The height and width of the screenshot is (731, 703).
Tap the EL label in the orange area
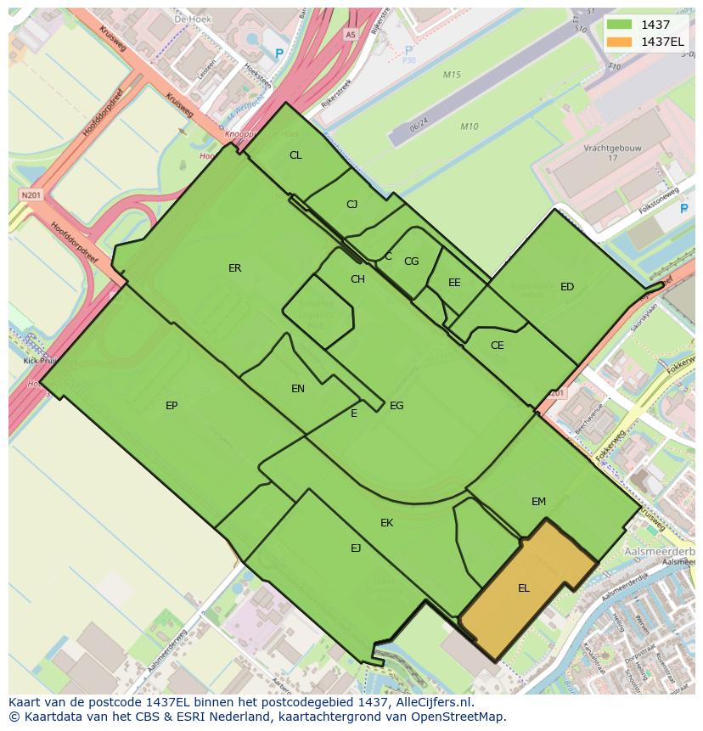524,588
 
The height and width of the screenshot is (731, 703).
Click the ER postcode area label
235,268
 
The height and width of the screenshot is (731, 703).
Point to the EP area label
172,406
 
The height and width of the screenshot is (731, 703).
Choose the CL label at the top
295,155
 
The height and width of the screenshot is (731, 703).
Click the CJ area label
352,205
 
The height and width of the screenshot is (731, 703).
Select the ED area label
567,287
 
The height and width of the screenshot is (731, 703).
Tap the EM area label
538,502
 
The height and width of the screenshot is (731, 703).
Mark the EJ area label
356,548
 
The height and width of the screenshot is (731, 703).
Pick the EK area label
386,523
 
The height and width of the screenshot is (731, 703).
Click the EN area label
298,389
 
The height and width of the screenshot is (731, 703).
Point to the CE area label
498,346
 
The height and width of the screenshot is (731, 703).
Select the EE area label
454,283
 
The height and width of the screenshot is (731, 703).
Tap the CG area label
411,261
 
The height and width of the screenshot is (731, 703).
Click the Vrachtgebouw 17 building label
612,153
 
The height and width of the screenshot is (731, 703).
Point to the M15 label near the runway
452,76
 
